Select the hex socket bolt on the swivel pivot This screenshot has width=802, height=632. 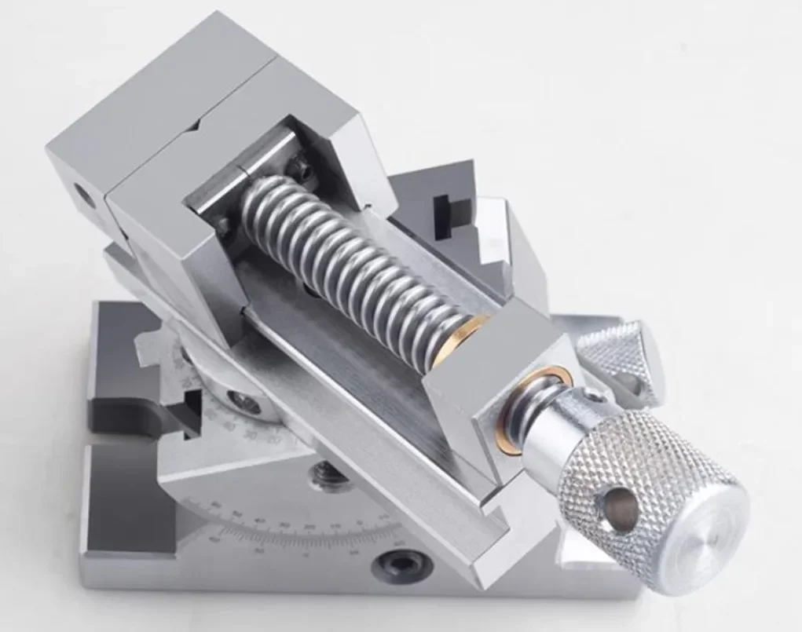pos(246,403)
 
